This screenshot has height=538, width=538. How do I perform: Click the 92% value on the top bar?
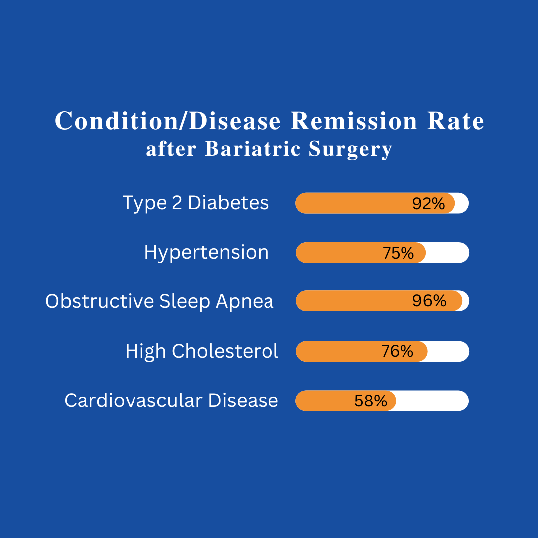[x=428, y=204]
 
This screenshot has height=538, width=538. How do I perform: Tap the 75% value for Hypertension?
[x=398, y=253]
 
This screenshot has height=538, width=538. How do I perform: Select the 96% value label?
[x=429, y=301]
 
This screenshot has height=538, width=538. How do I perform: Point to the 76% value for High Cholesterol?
[x=397, y=352]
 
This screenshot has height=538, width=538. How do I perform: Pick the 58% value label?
[x=371, y=401]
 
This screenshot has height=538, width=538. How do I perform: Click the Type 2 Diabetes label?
[x=195, y=203]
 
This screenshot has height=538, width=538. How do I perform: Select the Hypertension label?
[x=206, y=253]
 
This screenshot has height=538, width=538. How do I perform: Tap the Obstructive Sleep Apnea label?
[x=159, y=301]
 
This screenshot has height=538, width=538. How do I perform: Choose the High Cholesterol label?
[x=202, y=351]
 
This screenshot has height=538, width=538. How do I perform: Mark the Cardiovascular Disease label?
[x=171, y=401]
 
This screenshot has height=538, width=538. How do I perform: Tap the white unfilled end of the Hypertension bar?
[x=447, y=253]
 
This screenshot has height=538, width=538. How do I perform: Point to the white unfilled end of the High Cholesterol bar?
[x=448, y=352]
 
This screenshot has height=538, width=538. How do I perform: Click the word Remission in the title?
[x=354, y=121]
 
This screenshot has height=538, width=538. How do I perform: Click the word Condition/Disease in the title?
[x=168, y=121]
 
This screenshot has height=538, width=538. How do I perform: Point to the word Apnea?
[x=245, y=302]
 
